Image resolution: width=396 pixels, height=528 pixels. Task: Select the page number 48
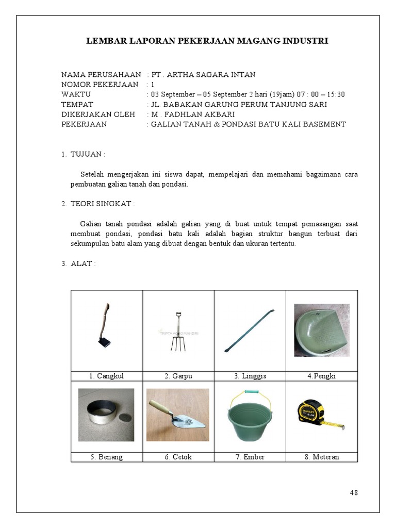tap(354, 492)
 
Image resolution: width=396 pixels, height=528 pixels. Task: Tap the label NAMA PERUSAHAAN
tap(101, 75)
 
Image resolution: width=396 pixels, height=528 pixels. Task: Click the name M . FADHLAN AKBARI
tap(193, 114)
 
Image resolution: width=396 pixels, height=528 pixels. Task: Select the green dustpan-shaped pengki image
tap(322, 330)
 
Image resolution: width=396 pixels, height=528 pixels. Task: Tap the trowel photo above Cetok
tap(177, 415)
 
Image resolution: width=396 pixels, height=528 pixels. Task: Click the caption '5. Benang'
tap(106, 457)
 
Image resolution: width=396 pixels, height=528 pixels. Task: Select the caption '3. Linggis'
tap(250, 376)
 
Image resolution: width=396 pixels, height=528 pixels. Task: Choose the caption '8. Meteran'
tap(321, 457)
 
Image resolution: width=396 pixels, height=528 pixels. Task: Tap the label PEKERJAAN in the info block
tap(84, 124)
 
